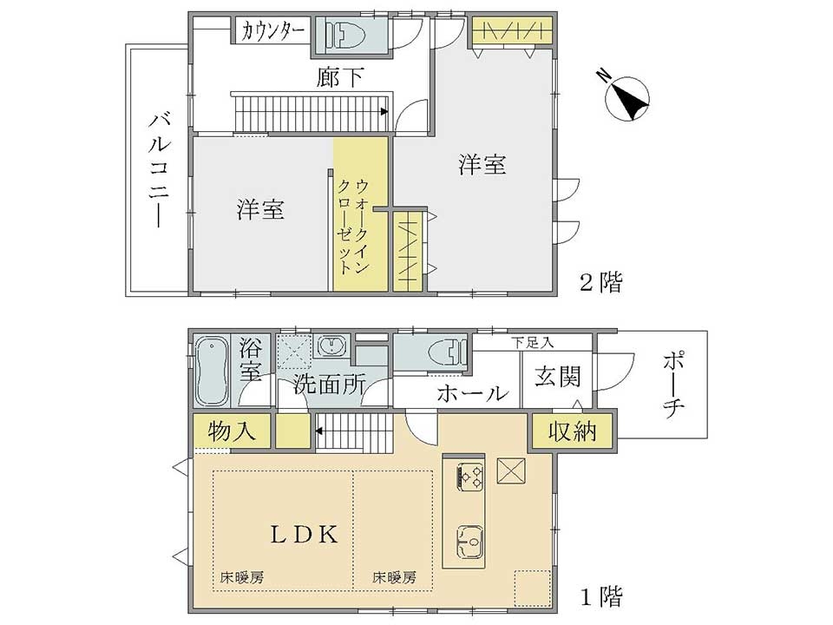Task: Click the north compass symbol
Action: tap(626, 98)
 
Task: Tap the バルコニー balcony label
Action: tap(158, 169)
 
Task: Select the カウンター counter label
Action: tap(272, 32)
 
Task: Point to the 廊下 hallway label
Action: tap(340, 77)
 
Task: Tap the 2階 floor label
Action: tap(600, 282)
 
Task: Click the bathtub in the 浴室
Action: tap(212, 372)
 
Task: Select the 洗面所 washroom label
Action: tap(329, 384)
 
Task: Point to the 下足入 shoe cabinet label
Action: tap(533, 343)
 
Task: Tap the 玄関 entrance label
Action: tap(557, 376)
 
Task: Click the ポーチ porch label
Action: tap(673, 385)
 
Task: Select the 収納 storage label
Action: tap(572, 431)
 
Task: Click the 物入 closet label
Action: tap(232, 431)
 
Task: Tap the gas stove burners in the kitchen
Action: tap(470, 476)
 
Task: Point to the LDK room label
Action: tap(305, 535)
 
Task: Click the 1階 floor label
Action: tap(600, 597)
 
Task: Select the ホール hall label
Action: tap(472, 394)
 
